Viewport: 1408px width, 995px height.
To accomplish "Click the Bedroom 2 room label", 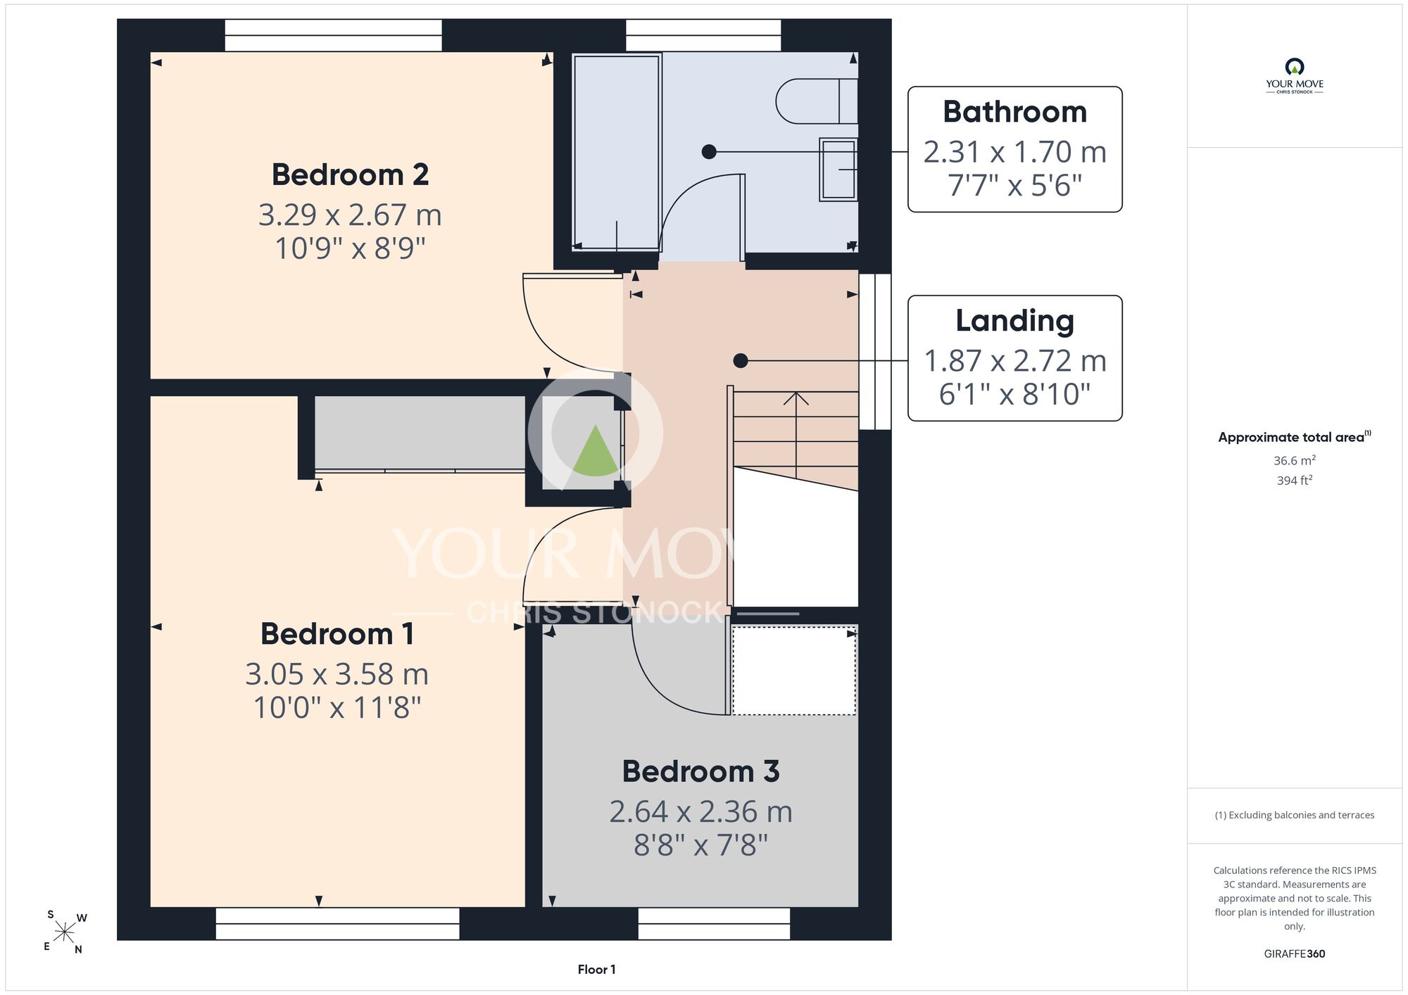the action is click(x=350, y=175).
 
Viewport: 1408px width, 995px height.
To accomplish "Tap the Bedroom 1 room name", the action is click(x=337, y=633).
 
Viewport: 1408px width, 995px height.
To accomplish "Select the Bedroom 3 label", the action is click(x=700, y=771).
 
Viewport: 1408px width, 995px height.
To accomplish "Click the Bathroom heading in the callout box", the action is click(x=1014, y=112).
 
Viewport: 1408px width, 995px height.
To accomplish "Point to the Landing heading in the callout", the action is click(x=1014, y=321).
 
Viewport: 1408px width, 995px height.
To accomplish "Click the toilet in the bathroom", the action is click(x=817, y=101).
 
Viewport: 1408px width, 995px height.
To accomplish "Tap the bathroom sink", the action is click(x=838, y=170).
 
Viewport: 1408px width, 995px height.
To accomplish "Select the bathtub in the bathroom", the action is click(x=617, y=152).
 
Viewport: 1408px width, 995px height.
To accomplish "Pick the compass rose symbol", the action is click(x=64, y=933).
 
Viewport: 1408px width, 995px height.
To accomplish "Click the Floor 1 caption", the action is click(x=596, y=970).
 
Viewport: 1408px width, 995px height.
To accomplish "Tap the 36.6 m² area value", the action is click(x=1294, y=460).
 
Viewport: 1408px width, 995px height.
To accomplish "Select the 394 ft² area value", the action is click(x=1294, y=481).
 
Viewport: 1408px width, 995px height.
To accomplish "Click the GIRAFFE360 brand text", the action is click(x=1294, y=954).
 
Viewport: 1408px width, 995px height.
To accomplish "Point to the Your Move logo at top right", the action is click(x=1294, y=76).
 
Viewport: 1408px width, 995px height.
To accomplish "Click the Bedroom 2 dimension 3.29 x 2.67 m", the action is click(x=350, y=215).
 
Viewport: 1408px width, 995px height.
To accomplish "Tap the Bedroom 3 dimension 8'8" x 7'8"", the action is click(x=700, y=845).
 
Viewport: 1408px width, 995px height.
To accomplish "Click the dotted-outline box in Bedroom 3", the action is click(x=794, y=671).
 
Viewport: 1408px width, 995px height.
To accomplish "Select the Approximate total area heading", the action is click(x=1294, y=437).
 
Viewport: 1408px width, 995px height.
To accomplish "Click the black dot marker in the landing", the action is click(x=741, y=360).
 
